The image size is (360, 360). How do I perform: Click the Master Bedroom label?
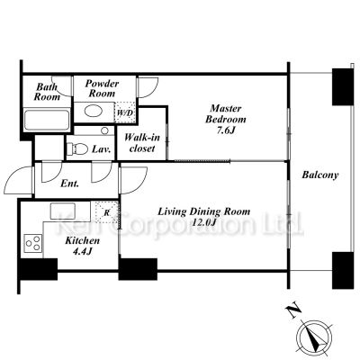coord(226,119)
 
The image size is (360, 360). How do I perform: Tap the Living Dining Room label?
coord(204,217)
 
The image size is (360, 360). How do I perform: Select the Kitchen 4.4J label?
coord(82,246)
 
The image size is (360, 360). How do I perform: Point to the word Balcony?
coord(320,175)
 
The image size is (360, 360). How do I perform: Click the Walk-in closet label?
coord(142,143)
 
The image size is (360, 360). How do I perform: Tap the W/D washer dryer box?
coord(125,112)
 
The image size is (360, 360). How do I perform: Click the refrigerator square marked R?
coord(107,212)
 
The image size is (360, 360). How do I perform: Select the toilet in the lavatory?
coord(76,148)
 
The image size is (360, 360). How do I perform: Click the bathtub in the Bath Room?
coord(47,120)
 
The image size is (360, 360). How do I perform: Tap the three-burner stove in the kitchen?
coord(33,243)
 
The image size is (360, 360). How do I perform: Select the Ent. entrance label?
coord(70,184)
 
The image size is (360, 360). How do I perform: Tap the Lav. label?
coord(102,149)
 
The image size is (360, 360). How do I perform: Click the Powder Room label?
coord(102,88)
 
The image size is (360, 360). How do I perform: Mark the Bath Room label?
coord(47,92)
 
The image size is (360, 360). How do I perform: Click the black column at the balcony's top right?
coord(343,86)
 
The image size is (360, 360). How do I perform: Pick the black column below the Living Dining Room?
coord(138,269)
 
